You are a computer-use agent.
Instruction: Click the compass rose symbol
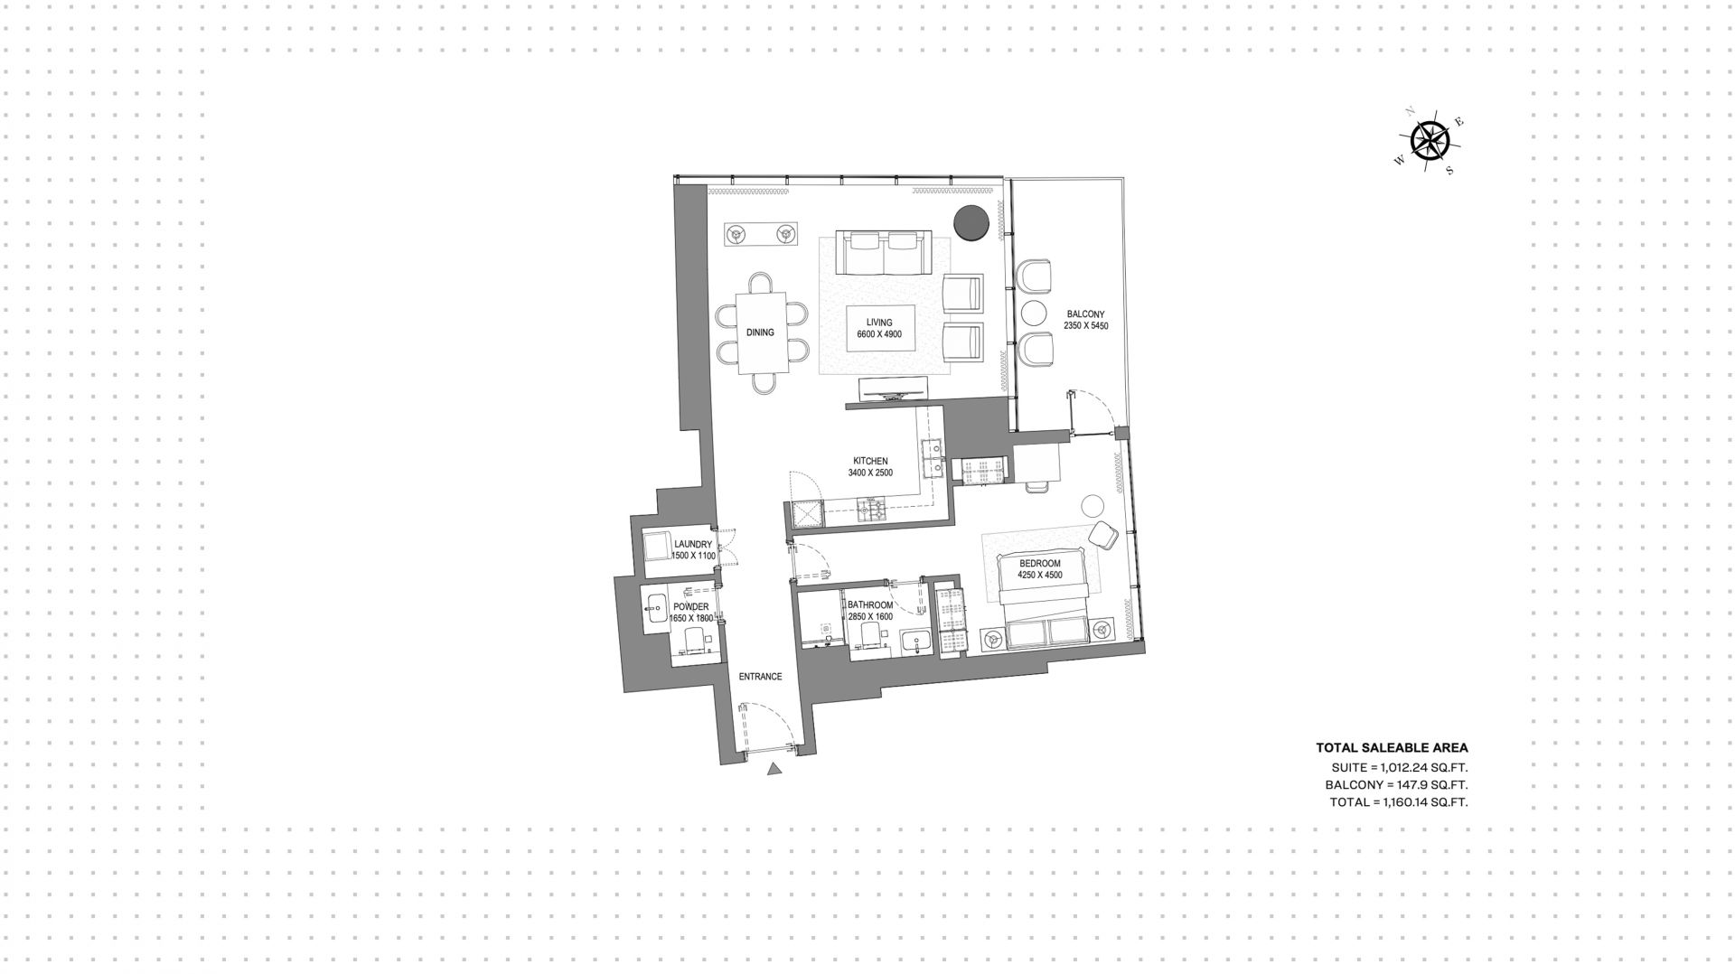coord(1430,141)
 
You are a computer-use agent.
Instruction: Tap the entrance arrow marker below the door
coord(774,769)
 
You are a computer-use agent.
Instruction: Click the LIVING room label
coord(879,323)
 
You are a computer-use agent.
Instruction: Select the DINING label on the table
coord(760,332)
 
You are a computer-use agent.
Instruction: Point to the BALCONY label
coord(1085,314)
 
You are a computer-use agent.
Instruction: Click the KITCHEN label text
coord(870,461)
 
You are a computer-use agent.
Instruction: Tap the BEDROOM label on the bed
coord(1039,564)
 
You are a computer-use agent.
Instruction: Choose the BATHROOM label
coord(870,605)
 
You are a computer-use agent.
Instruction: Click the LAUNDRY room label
coord(693,545)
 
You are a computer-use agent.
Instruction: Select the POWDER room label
coord(691,607)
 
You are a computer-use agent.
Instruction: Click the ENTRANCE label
coord(760,677)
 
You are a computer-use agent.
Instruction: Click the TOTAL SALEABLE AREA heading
coord(1392,748)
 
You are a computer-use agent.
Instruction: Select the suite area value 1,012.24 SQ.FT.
coord(1424,767)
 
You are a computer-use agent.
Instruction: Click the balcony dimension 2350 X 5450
coord(1085,325)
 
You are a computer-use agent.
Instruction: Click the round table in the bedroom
coord(1093,506)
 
